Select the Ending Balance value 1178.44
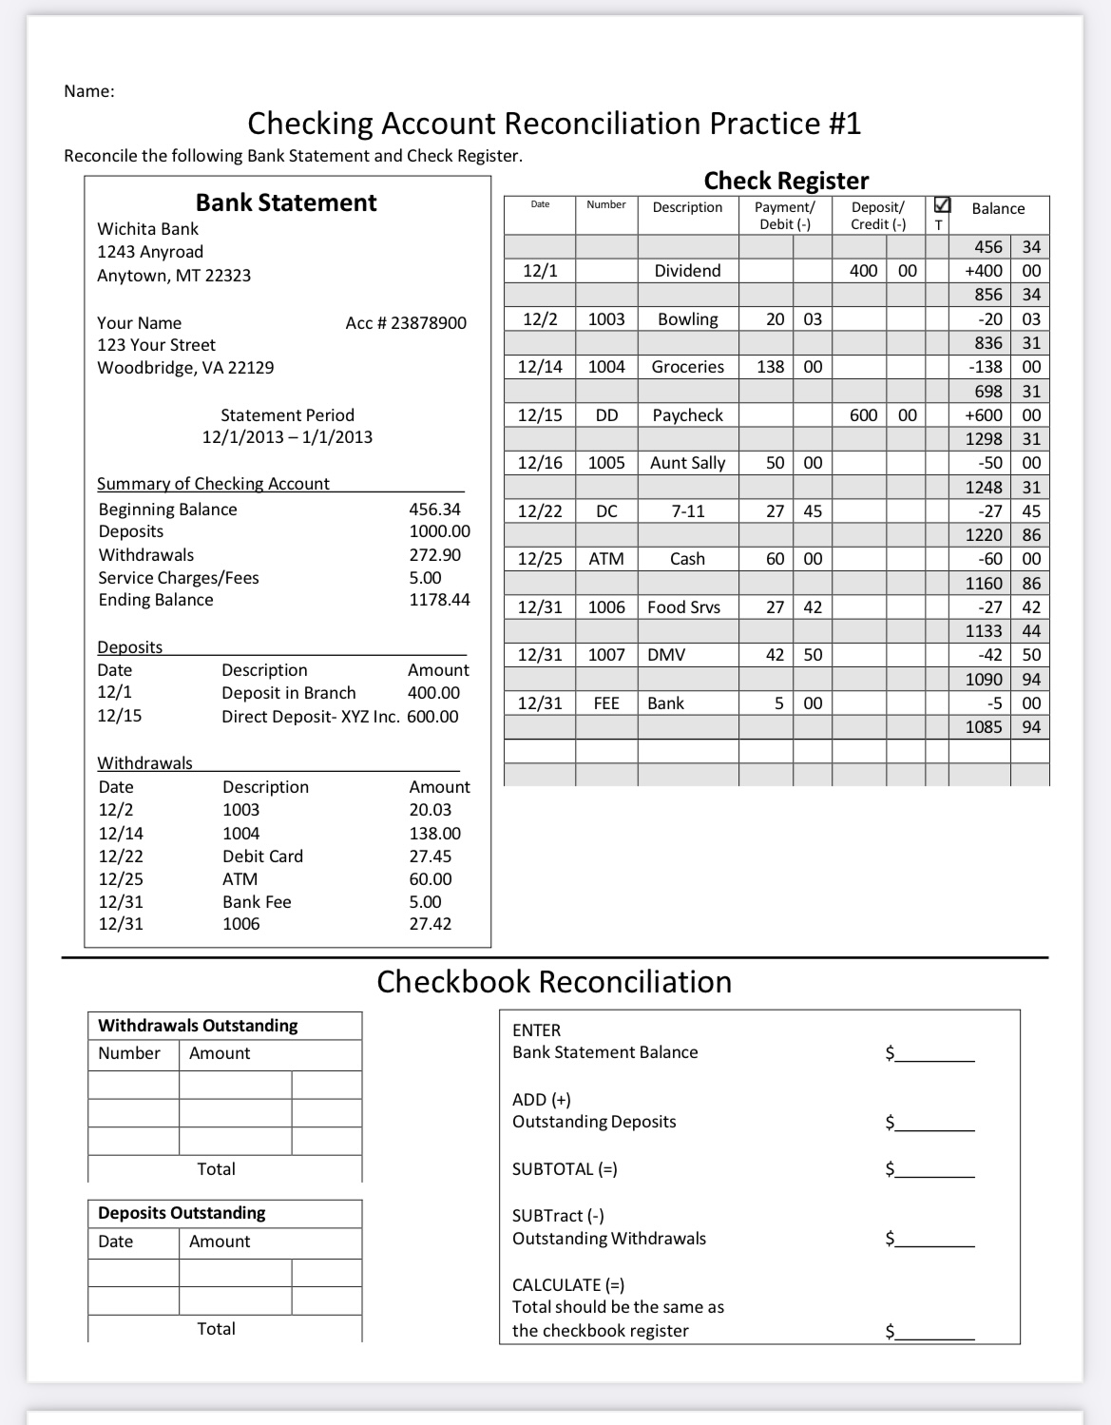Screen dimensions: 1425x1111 (439, 600)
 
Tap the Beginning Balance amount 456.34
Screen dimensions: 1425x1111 (434, 510)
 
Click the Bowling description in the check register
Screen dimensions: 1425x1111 (687, 319)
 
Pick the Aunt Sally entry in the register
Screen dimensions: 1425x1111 (687, 463)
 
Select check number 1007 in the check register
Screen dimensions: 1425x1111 (605, 655)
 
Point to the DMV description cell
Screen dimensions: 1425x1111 (666, 655)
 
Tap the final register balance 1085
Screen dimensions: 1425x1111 (984, 727)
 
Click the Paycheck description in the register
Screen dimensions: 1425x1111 (687, 415)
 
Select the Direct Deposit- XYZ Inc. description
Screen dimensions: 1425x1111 (310, 717)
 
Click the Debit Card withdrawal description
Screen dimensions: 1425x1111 (262, 857)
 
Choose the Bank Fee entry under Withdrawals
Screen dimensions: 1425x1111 (257, 902)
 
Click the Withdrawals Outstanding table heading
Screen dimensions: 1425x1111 (198, 1026)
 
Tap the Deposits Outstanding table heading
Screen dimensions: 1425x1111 (182, 1213)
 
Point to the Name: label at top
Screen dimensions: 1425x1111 (89, 91)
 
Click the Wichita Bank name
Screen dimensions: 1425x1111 (147, 229)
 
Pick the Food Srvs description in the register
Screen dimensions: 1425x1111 (683, 607)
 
